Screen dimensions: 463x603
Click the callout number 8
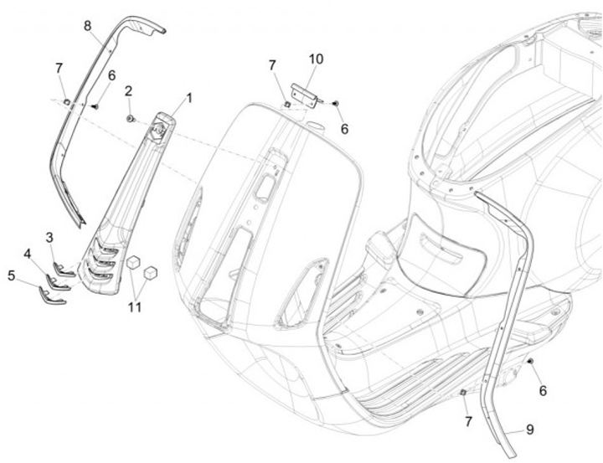click(87, 25)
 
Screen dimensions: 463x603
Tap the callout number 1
click(188, 98)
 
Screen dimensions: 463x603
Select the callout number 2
click(129, 90)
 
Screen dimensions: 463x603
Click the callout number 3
click(50, 237)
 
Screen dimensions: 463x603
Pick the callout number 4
click(28, 254)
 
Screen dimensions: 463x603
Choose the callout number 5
click(11, 274)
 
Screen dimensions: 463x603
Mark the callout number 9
click(528, 430)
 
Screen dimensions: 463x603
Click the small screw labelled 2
click(131, 119)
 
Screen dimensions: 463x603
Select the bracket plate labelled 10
click(302, 92)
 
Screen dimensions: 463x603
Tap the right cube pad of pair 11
click(151, 272)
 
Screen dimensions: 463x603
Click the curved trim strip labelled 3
click(64, 269)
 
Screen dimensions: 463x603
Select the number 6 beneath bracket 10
click(343, 129)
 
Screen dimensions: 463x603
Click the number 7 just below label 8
click(59, 68)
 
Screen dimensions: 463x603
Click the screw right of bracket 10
click(334, 101)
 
